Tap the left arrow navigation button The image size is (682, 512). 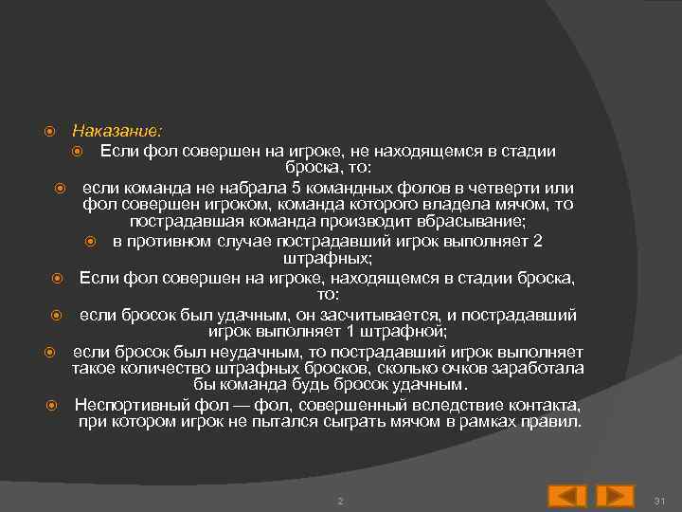pos(567,496)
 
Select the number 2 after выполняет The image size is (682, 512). pos(537,241)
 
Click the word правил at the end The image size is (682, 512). pos(554,421)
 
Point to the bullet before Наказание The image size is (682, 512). pos(55,130)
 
